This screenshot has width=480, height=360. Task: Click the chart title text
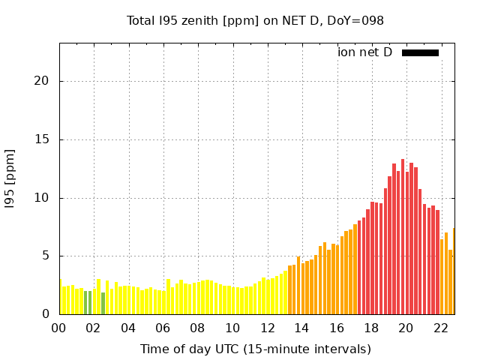pyautogui.click(x=255, y=20)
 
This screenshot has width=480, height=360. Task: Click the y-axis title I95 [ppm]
pyautogui.click(x=10, y=180)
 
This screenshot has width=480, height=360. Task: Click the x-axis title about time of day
pyautogui.click(x=255, y=349)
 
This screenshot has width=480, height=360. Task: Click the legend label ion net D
pyautogui.click(x=364, y=52)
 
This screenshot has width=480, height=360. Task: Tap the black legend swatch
pyautogui.click(x=420, y=52)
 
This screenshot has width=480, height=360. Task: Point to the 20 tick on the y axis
pyautogui.click(x=46, y=81)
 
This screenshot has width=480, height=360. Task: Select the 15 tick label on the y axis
pyautogui.click(x=46, y=139)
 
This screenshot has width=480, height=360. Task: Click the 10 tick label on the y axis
pyautogui.click(x=46, y=198)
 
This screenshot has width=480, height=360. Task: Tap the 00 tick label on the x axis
pyautogui.click(x=59, y=328)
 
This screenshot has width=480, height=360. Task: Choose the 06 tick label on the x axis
pyautogui.click(x=163, y=328)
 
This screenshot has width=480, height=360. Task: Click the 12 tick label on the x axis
pyautogui.click(x=268, y=328)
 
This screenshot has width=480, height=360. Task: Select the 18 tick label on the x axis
pyautogui.click(x=371, y=328)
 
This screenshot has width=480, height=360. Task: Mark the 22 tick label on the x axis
pyautogui.click(x=441, y=328)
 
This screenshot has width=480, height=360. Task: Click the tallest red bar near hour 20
pyautogui.click(x=403, y=236)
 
